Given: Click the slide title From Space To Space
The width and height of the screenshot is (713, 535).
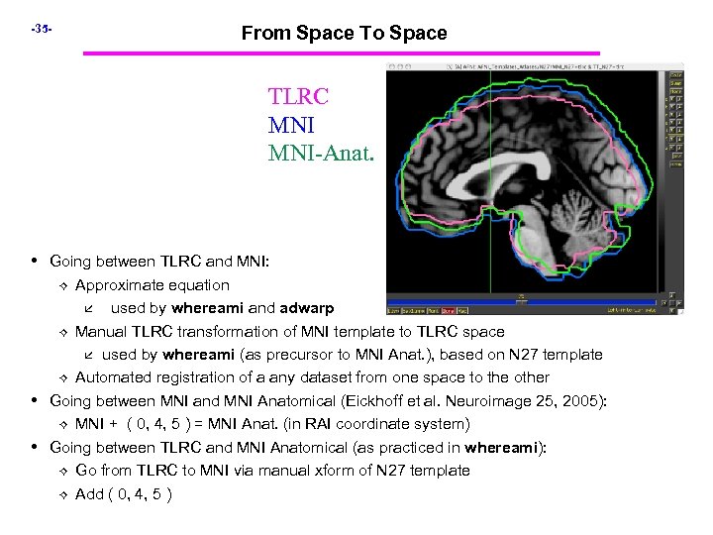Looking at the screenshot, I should pyautogui.click(x=344, y=33).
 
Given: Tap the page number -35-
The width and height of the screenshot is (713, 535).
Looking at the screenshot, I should pyautogui.click(x=41, y=29).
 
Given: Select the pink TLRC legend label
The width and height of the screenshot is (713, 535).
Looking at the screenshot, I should pyautogui.click(x=298, y=97).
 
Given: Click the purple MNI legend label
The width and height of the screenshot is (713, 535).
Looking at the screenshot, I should pyautogui.click(x=291, y=126).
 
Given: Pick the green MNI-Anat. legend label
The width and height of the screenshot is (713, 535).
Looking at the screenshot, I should pyautogui.click(x=321, y=154).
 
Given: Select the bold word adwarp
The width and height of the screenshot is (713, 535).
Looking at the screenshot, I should pyautogui.click(x=306, y=308).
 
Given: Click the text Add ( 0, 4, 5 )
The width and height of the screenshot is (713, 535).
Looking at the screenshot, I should pyautogui.click(x=124, y=494).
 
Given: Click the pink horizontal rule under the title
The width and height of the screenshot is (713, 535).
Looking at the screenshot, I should pyautogui.click(x=341, y=53).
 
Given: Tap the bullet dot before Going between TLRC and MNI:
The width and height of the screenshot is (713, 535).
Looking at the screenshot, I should pyautogui.click(x=36, y=262).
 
